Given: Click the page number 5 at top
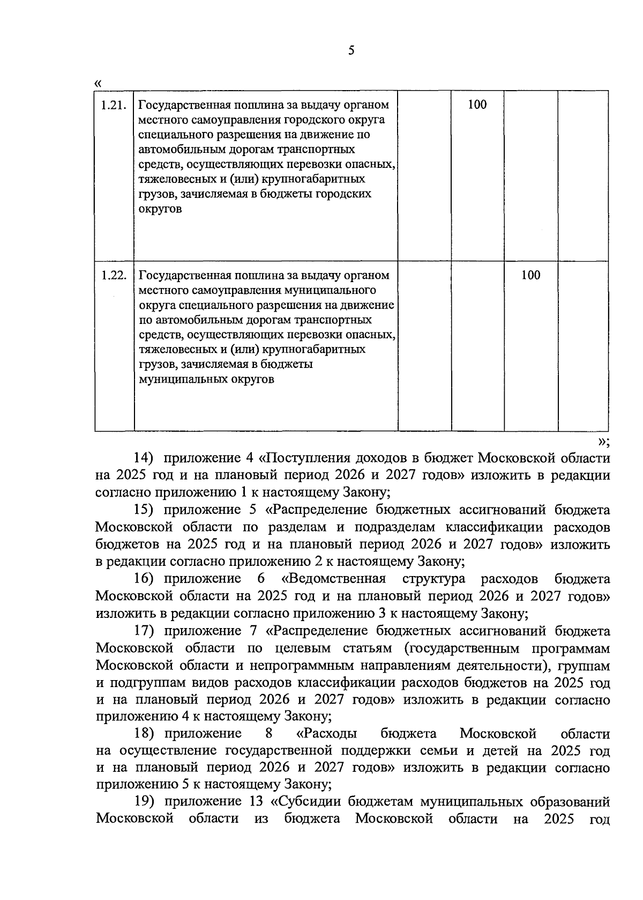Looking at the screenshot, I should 351,51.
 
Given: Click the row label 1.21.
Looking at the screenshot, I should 114,105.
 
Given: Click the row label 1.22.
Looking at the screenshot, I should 114,276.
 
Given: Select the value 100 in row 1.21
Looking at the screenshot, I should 477,105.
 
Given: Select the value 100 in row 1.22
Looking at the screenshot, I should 530,276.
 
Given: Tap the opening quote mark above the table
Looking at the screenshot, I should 98,83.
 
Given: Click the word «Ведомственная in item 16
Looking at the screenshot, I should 333,579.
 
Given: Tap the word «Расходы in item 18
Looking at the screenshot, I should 327,733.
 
